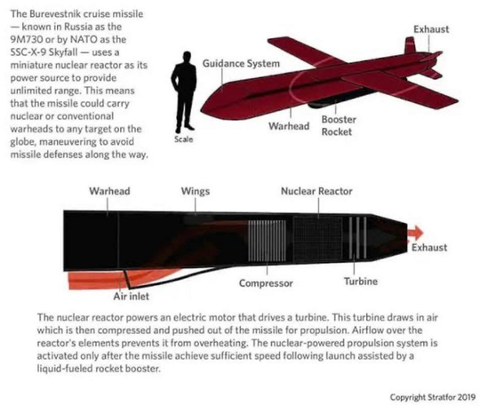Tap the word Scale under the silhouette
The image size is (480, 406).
(184, 139)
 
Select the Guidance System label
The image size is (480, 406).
(241, 64)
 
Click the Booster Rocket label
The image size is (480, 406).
(339, 126)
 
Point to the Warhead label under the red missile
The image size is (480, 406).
(289, 126)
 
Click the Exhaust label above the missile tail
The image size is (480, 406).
(431, 29)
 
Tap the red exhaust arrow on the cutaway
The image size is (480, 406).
(415, 233)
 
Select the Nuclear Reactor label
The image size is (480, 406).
(316, 191)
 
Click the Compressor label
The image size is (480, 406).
(266, 283)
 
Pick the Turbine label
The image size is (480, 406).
(361, 281)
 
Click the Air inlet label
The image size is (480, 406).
(131, 296)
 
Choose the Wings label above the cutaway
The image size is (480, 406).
(196, 191)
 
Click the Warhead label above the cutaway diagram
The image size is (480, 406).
(109, 191)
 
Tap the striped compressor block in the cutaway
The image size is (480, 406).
(267, 241)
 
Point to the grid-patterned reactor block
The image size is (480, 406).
(317, 240)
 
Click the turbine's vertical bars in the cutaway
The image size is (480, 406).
(357, 238)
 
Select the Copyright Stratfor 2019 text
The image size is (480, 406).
(433, 397)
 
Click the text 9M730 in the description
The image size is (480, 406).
(27, 40)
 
